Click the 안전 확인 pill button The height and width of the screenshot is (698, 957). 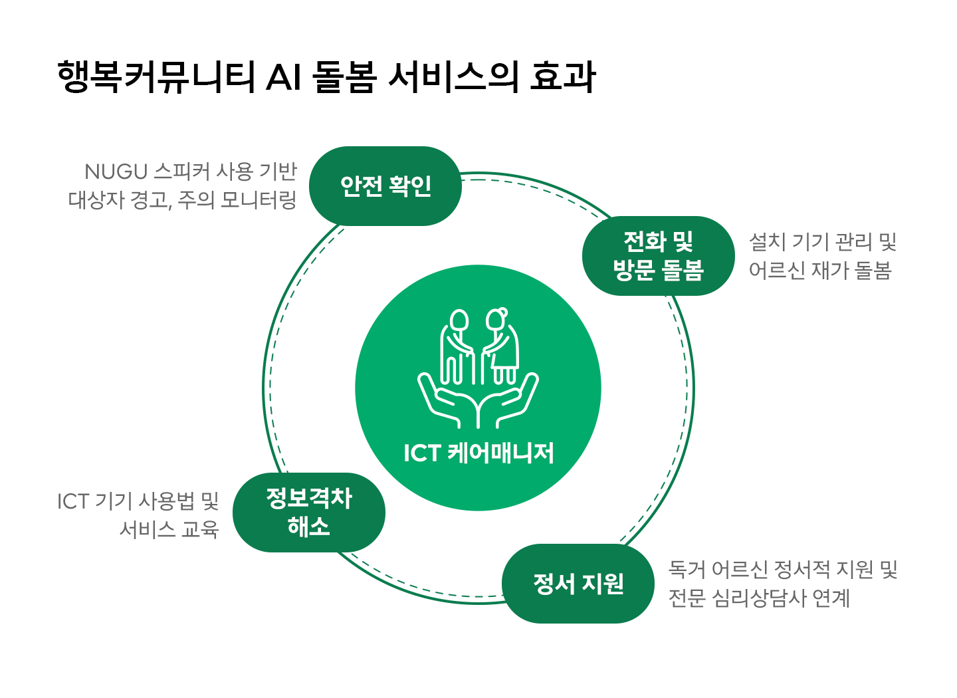click(x=385, y=186)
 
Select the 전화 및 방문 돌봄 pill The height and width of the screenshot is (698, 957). click(x=658, y=256)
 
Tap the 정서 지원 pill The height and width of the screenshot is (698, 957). click(x=578, y=584)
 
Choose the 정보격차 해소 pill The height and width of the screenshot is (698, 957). click(x=309, y=513)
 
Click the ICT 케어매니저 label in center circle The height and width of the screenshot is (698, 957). click(x=478, y=453)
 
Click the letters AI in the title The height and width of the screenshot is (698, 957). click(x=284, y=76)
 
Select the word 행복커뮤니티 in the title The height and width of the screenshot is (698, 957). click(x=156, y=76)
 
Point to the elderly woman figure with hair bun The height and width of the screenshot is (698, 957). click(x=500, y=346)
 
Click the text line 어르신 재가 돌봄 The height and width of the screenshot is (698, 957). click(x=820, y=271)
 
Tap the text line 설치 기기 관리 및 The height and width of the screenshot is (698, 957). click(x=823, y=241)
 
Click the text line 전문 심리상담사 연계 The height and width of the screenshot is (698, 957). click(x=759, y=598)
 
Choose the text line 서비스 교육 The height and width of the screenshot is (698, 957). click(x=169, y=529)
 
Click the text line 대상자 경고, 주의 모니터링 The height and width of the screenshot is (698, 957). click(x=182, y=200)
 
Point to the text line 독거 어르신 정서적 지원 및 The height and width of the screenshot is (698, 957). click(x=783, y=570)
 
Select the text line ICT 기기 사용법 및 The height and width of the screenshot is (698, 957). click(x=138, y=501)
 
